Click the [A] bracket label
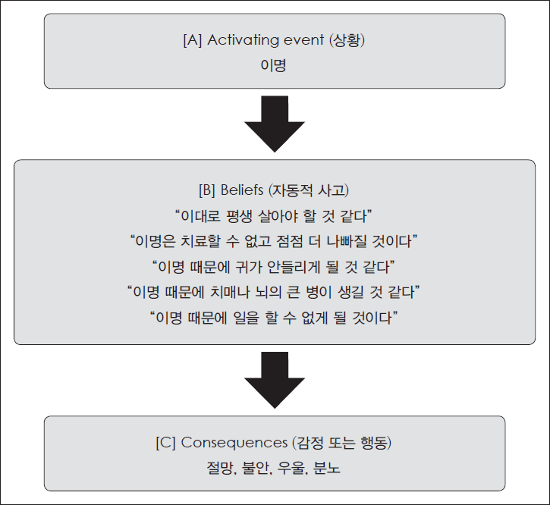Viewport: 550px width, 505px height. point(193,40)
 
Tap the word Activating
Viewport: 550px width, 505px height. point(243,40)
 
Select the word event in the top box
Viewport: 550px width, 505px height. point(303,40)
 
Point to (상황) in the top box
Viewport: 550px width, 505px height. point(347,40)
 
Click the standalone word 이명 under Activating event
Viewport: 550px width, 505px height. point(274,65)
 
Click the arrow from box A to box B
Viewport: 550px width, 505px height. point(275,124)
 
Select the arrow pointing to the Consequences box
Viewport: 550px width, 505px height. point(275,380)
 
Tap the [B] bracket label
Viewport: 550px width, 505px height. point(207,190)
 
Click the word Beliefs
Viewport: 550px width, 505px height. point(242,190)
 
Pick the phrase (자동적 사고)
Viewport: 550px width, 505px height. point(309,190)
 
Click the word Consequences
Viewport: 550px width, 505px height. point(234,443)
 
